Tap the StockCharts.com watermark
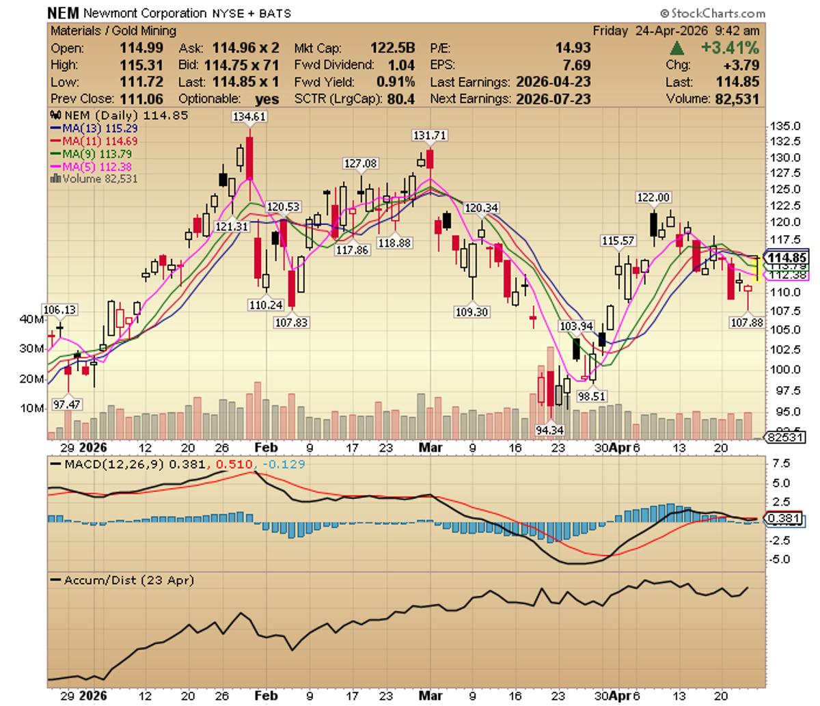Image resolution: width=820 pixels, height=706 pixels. [713, 13]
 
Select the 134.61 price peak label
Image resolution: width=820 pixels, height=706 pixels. [249, 117]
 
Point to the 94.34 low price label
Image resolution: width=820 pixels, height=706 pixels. [551, 430]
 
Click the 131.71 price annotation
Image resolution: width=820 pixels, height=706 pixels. [430, 135]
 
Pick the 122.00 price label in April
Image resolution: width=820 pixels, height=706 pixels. [653, 198]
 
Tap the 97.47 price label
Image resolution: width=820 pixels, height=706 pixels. [66, 404]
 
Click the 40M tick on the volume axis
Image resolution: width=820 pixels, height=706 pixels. [33, 319]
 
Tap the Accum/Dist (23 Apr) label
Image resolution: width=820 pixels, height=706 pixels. [128, 580]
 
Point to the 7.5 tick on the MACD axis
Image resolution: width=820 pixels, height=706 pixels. [780, 463]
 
